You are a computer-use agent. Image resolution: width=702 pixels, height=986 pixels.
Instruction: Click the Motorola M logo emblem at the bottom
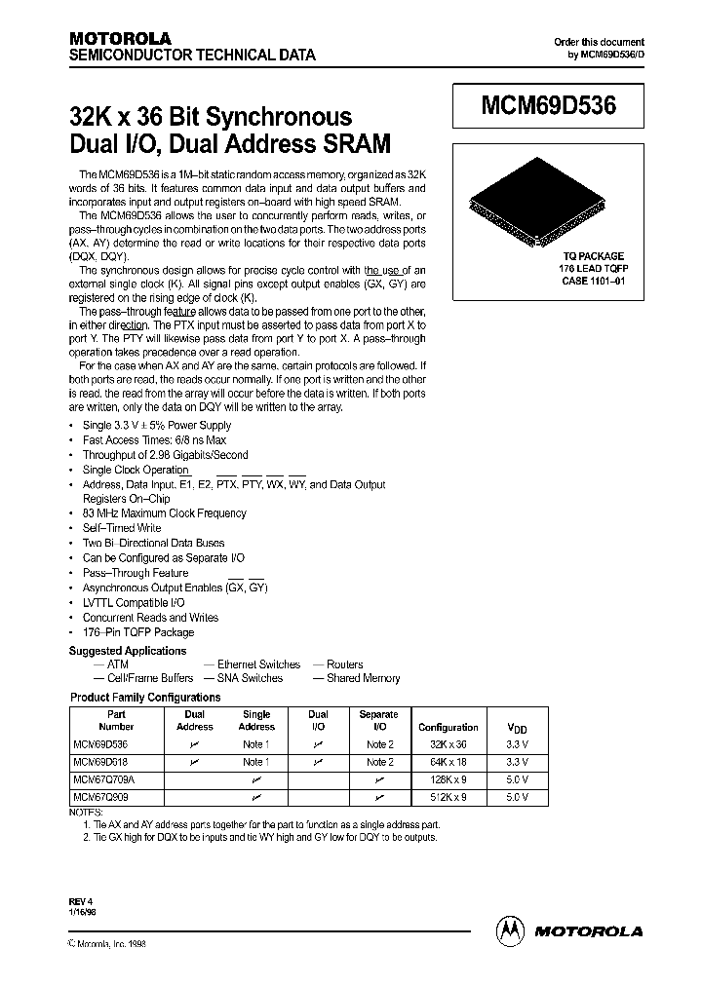coord(511,930)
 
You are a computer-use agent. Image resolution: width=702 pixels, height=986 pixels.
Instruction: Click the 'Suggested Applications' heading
coord(127,651)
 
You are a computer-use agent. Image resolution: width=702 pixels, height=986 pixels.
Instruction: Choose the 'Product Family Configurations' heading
coord(145,698)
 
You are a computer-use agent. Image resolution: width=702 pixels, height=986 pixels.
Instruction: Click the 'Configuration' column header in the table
coord(448,727)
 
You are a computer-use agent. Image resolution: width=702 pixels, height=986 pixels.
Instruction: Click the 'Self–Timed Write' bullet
coord(122,528)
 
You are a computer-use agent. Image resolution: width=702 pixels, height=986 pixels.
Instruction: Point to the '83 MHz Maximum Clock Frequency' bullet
coord(164,512)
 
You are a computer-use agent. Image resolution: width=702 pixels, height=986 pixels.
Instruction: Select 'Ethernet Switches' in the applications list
coord(258,664)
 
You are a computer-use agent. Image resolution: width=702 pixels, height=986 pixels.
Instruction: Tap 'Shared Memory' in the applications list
coord(363,678)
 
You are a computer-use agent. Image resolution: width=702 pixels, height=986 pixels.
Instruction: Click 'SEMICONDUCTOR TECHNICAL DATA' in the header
coord(191,57)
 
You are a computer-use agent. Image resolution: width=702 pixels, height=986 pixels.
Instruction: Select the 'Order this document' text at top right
coord(599,42)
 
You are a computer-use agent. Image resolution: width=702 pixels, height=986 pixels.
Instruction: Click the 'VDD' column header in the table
coord(517,728)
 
